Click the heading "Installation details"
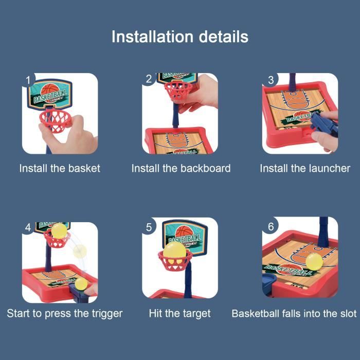coord(180,37)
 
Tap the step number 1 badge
coord(28,80)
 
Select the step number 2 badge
coord(149,79)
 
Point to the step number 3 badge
coord(271,80)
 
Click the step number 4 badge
coord(28,228)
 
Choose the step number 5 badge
coord(149,227)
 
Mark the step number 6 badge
coord(271,227)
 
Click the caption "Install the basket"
coord(60,168)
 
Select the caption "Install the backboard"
coord(181,168)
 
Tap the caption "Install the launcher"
coord(305,168)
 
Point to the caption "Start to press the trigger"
coord(64,314)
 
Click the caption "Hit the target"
coord(179,314)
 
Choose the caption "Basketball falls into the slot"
coord(294,314)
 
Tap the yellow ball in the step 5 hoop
coord(174,253)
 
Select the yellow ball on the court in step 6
coord(314,262)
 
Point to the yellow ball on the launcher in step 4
coord(81,284)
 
